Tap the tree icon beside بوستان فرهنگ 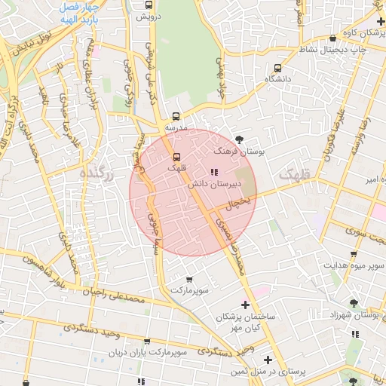[240, 139]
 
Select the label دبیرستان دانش [225, 182]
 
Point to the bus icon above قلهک [176, 158]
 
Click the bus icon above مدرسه [176, 117]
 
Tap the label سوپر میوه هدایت [355, 265]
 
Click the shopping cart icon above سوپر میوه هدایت [354, 254]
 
